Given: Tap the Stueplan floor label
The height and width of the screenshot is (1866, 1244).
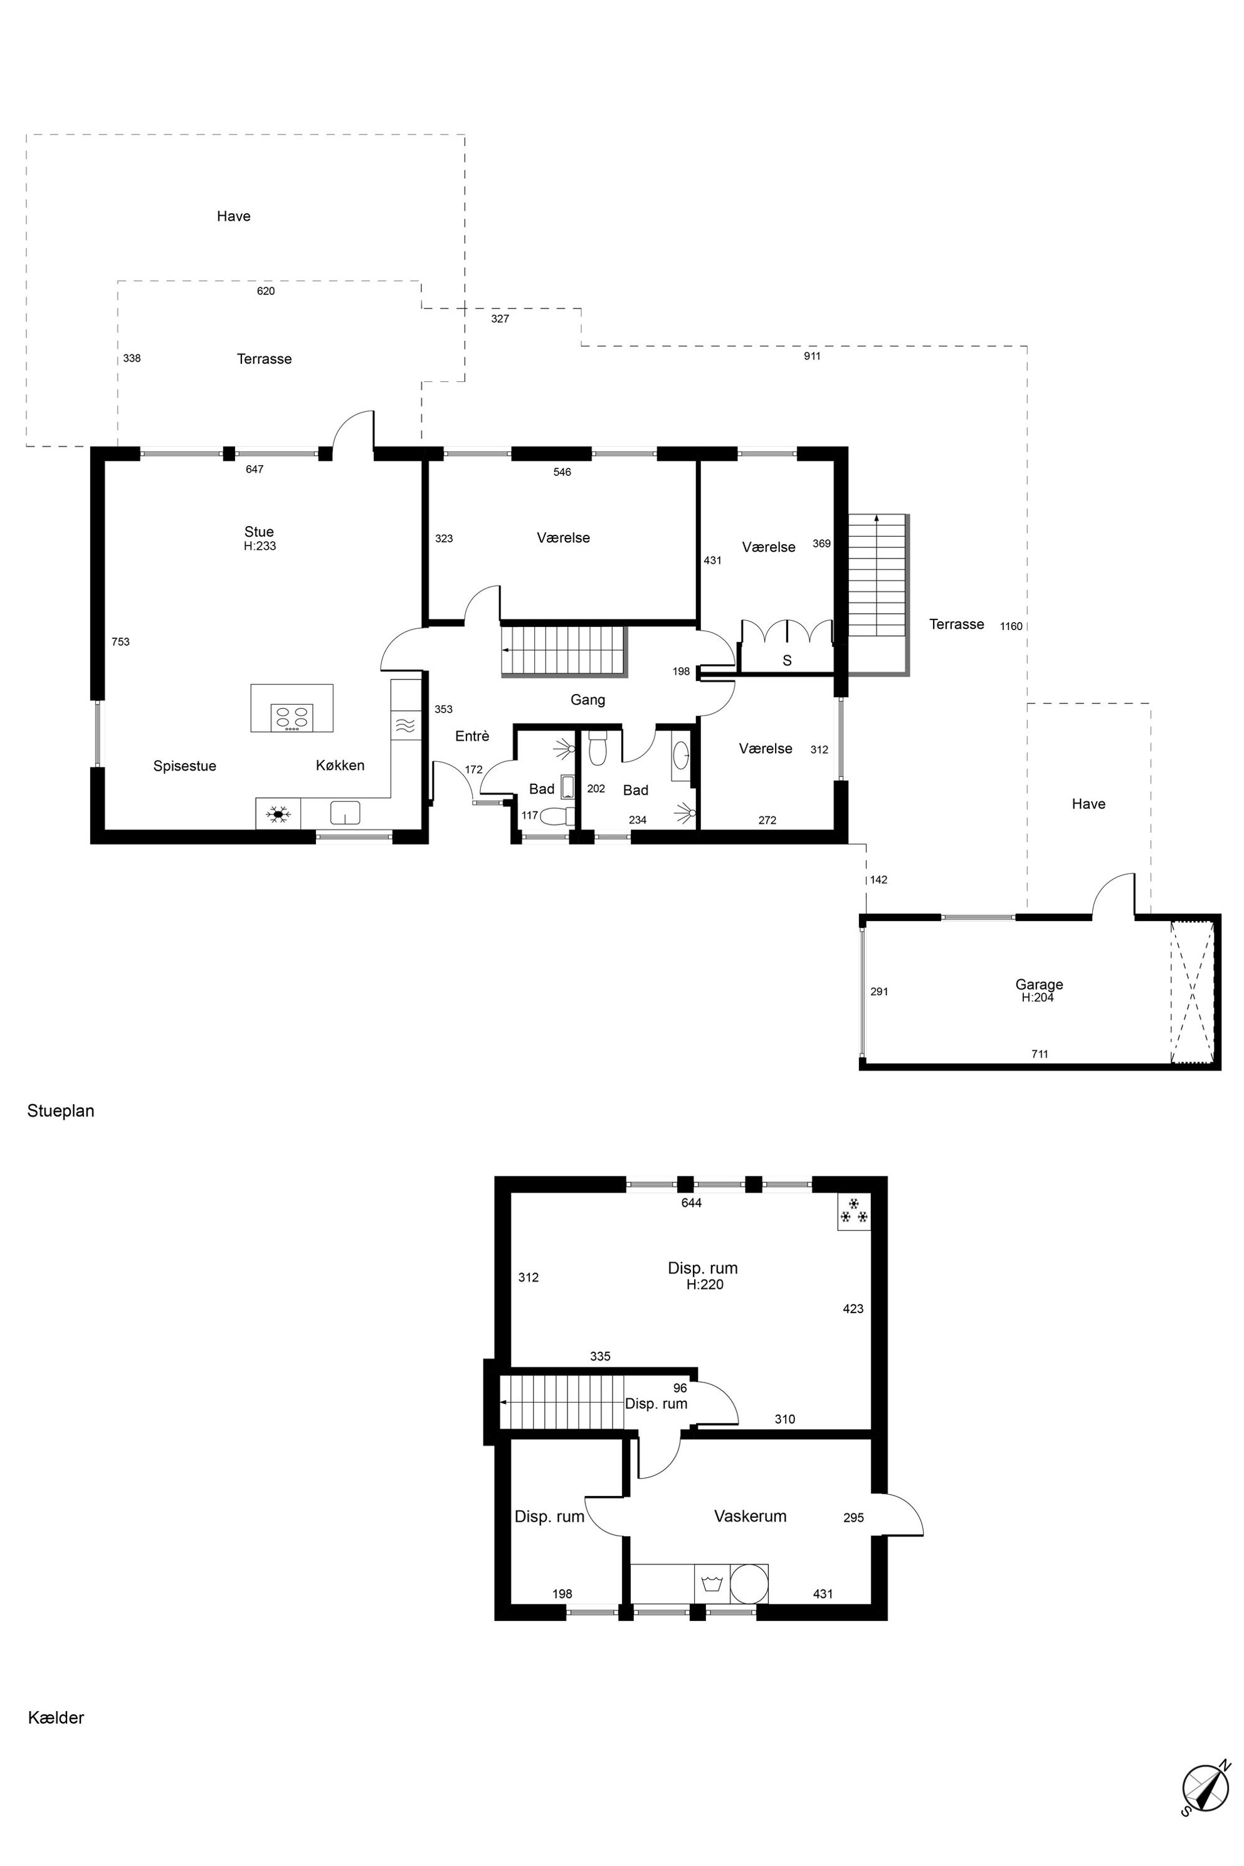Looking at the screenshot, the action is coord(61,1110).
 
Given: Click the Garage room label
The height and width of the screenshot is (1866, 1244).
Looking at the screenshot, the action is coord(1038,984).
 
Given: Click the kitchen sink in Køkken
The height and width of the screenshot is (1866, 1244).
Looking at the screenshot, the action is coord(345,813).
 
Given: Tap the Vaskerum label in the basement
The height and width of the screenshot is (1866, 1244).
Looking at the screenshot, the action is coord(750,1516).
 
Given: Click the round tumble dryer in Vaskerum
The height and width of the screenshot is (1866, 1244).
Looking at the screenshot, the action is coord(749,1584).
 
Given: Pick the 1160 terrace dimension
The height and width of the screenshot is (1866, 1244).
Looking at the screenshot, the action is coord(1011,626).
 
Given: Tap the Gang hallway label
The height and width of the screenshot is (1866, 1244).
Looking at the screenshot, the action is coord(588,700).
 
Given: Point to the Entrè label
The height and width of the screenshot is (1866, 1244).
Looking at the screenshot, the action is coord(472,736).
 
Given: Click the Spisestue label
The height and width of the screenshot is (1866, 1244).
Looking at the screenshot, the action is coord(185,766).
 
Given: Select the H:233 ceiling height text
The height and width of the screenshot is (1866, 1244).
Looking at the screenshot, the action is coord(260,546).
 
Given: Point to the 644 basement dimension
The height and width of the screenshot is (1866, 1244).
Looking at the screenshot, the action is coord(692,1203).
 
